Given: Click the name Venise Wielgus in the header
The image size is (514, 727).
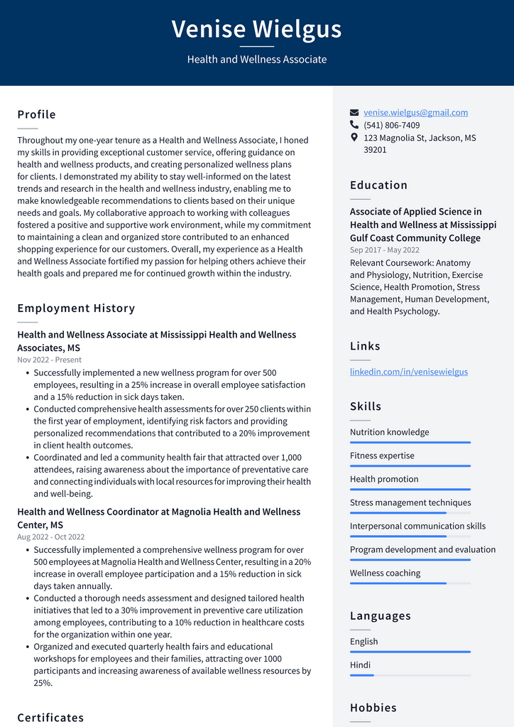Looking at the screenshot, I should click(x=256, y=29).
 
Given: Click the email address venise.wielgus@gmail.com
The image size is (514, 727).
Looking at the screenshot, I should click(x=415, y=112).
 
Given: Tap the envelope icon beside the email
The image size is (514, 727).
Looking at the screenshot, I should click(x=354, y=112).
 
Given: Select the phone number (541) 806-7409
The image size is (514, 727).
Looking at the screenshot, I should click(x=391, y=125).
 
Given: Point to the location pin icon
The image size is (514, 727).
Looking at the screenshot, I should click(x=354, y=137).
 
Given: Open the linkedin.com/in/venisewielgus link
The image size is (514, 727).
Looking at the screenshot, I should click(x=408, y=372).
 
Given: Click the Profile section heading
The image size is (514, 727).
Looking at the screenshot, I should click(x=36, y=114).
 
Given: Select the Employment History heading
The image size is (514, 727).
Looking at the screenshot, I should click(x=76, y=308).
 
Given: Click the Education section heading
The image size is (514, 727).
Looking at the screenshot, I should click(x=378, y=185).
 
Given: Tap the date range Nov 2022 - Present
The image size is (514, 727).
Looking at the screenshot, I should click(x=49, y=360).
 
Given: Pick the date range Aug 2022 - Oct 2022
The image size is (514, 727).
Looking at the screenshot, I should click(x=50, y=537).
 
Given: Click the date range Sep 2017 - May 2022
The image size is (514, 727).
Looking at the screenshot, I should click(x=384, y=249).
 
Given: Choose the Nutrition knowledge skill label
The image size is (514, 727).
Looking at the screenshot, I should click(x=389, y=432).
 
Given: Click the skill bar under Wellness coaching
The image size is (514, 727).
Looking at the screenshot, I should click(x=410, y=583).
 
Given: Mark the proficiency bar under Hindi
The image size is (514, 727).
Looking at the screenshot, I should click(x=410, y=675).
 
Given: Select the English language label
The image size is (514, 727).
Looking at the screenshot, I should click(x=363, y=642).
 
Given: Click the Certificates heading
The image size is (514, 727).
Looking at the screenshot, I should click(x=50, y=717).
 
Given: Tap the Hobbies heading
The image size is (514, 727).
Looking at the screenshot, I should click(x=373, y=707).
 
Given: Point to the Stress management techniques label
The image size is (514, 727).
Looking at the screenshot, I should click(x=410, y=502).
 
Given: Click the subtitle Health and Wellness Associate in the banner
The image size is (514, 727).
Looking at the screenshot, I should click(x=256, y=60).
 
